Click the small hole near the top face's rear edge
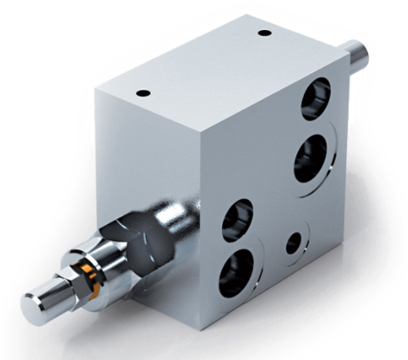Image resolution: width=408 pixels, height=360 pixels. click(264, 33)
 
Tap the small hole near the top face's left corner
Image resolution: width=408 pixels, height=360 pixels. click(140, 93)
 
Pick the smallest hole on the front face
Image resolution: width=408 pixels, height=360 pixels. click(293, 244)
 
